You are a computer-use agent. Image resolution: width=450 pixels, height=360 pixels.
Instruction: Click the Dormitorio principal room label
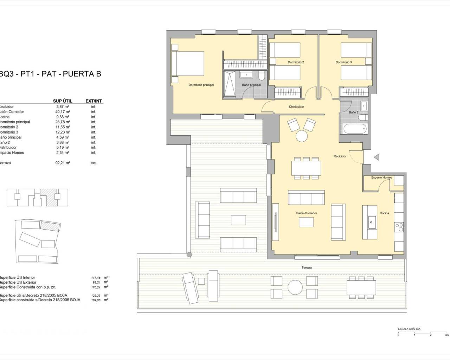coord(201,85)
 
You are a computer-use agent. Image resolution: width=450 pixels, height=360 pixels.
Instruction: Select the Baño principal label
coord(251,85)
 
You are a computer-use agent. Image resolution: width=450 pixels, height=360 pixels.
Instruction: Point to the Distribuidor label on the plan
coord(296,107)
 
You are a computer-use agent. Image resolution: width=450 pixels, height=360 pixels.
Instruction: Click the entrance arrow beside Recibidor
coord(376,157)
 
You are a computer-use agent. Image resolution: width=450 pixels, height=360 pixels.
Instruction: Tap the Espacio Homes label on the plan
coord(381,178)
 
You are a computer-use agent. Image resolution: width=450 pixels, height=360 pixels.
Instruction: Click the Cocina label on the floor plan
coord(384,213)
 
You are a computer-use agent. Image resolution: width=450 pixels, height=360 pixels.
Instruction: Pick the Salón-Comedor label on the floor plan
coord(306,213)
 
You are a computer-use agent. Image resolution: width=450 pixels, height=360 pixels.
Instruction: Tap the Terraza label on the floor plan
coord(306,268)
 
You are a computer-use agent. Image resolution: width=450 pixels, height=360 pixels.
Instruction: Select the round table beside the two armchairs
coord(302,136)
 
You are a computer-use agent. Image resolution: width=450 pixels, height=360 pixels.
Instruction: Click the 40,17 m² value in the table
coord(63,112)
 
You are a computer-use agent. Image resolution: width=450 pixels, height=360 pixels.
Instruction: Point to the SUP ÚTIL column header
coord(63,101)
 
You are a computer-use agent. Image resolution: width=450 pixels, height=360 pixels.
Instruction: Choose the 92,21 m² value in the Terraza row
coord(63,163)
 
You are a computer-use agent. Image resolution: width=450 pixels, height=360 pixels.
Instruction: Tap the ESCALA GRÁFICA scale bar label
coord(409,329)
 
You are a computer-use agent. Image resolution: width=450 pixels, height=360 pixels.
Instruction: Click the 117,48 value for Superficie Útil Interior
coord(96,278)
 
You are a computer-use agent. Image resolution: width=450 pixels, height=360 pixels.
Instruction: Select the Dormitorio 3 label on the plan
coord(343,62)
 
